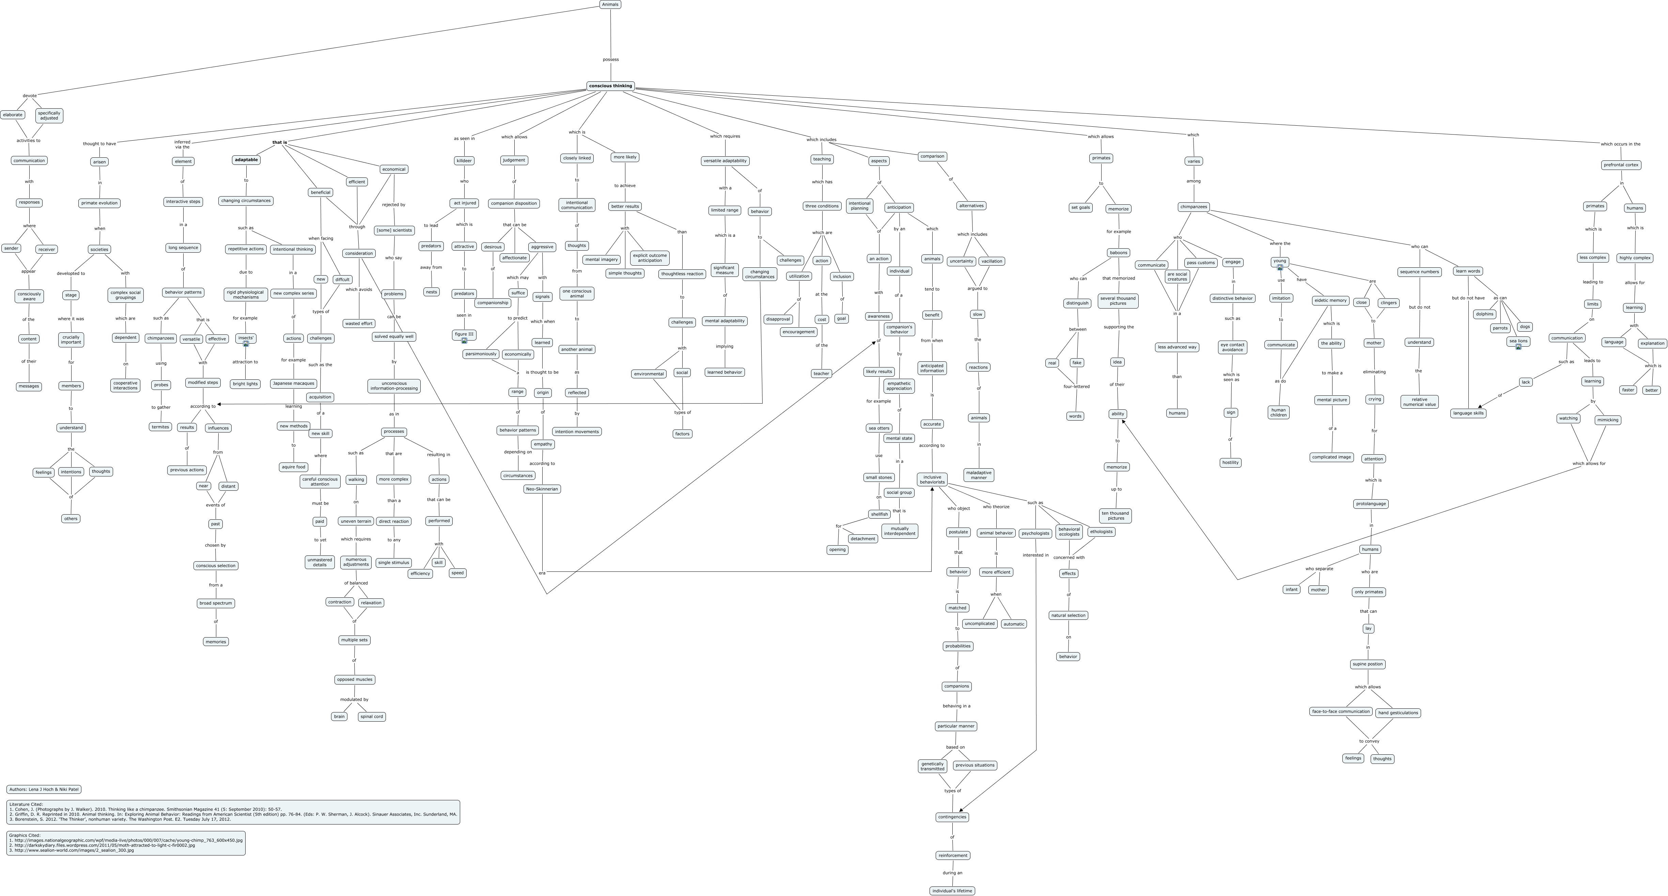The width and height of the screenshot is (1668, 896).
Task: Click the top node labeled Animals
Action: click(x=610, y=4)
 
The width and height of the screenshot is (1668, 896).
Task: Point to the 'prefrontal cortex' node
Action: click(x=1621, y=165)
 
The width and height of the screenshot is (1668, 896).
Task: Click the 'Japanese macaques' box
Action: click(x=293, y=383)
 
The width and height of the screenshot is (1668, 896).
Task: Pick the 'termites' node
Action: click(x=160, y=427)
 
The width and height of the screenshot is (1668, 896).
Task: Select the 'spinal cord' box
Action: click(x=371, y=717)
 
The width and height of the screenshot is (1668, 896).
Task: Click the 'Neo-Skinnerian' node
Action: click(x=542, y=489)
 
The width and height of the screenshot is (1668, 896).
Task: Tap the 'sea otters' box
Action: click(x=879, y=428)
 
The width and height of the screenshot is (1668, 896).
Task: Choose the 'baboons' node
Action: click(x=1118, y=252)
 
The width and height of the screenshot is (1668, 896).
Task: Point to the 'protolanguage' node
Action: click(x=1371, y=504)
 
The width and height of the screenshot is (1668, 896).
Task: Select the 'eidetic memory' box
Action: click(x=1330, y=300)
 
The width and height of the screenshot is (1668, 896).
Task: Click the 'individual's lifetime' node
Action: click(x=952, y=891)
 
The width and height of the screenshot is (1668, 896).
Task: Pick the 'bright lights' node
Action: click(x=245, y=384)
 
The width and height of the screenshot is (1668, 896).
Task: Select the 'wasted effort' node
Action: click(x=359, y=323)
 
